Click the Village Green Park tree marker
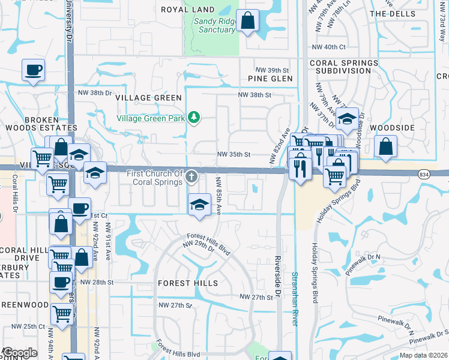click(x=193, y=117)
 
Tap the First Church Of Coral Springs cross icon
click(x=191, y=176)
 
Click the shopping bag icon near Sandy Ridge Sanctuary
click(x=247, y=22)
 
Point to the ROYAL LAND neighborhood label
click(x=188, y=10)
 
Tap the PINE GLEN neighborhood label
click(x=270, y=79)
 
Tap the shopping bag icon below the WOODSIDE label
click(x=385, y=146)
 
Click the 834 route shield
click(x=424, y=173)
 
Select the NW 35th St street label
click(x=233, y=154)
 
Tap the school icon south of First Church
click(x=199, y=205)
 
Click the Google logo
click(x=19, y=353)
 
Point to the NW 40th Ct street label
click(x=329, y=47)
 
